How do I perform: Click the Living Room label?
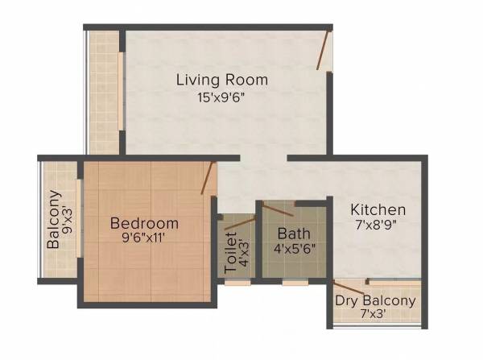222,81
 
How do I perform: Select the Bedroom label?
145,223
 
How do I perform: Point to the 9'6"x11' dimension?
145,238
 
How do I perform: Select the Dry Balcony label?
376,301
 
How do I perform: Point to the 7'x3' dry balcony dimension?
376,317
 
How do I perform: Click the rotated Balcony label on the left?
54,219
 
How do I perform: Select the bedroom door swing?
208,179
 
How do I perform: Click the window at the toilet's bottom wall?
239,283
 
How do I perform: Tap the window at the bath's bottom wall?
295,283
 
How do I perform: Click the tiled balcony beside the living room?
103,93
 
